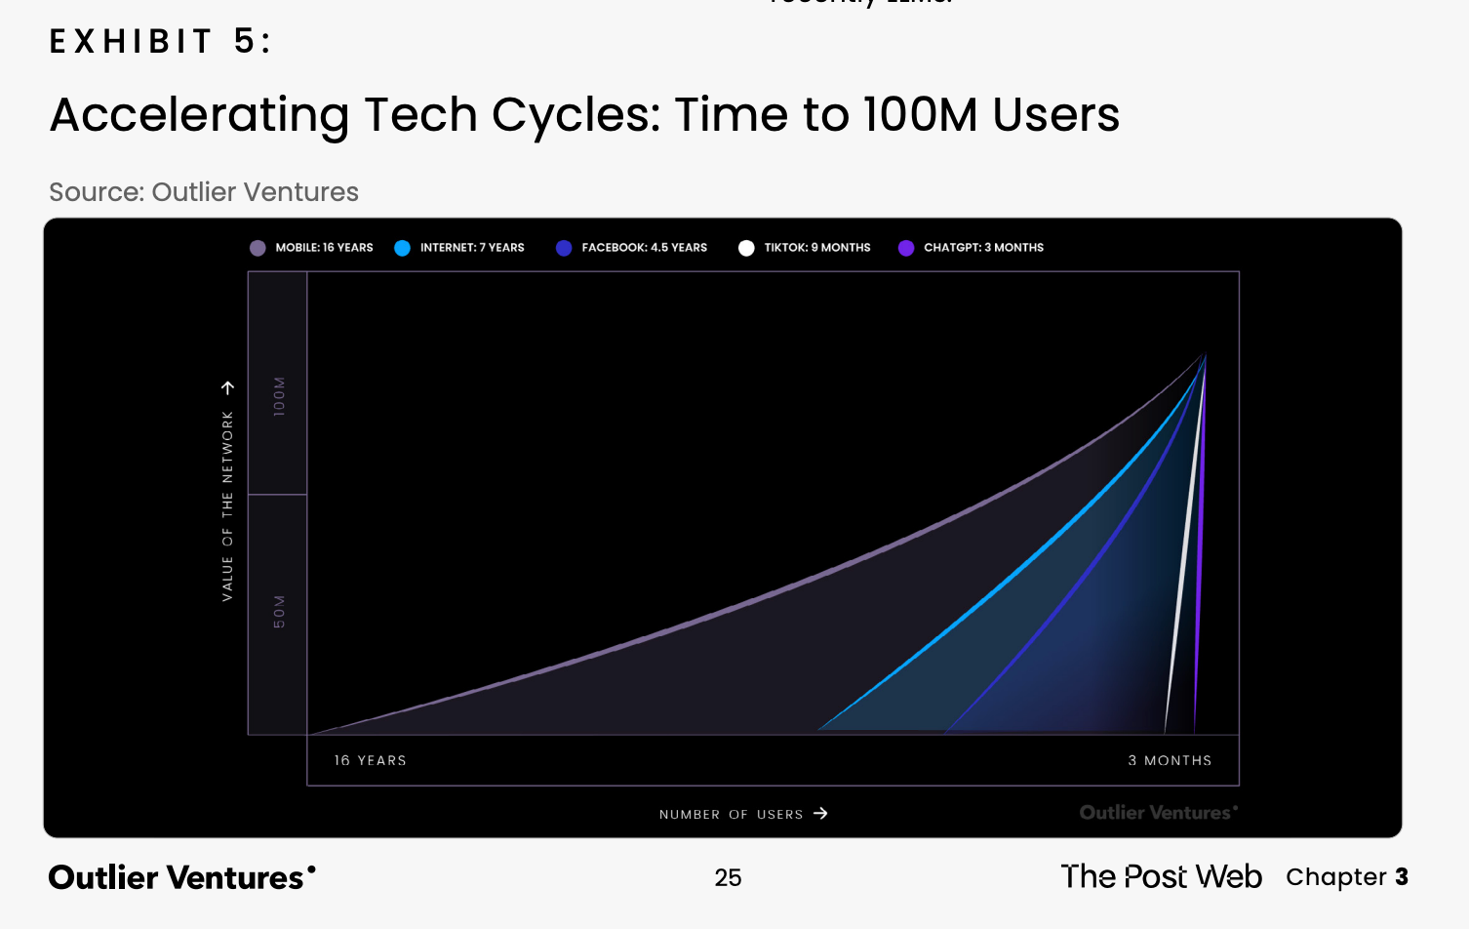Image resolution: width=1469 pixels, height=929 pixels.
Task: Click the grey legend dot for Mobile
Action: (x=258, y=248)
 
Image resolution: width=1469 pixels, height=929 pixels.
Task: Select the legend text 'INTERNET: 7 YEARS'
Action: (x=472, y=248)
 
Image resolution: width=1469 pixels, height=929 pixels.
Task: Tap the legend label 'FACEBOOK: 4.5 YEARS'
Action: (x=644, y=248)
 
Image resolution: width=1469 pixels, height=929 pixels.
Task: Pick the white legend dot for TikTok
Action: (x=746, y=248)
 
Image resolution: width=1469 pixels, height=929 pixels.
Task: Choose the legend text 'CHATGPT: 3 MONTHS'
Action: (x=983, y=248)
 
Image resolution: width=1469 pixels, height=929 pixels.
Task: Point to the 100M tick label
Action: (x=280, y=396)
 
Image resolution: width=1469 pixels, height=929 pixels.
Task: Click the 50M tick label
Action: (x=280, y=612)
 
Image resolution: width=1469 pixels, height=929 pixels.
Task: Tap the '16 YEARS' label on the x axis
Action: (x=370, y=760)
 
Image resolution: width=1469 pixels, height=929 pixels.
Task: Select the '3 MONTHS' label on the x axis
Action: (x=1170, y=760)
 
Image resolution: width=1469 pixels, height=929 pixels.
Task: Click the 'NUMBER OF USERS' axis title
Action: (x=731, y=814)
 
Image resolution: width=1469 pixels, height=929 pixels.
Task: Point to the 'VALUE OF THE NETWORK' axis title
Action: (x=227, y=505)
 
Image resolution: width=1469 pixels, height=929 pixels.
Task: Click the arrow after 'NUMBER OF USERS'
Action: (x=820, y=813)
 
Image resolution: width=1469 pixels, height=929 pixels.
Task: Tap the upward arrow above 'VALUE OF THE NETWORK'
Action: (x=227, y=387)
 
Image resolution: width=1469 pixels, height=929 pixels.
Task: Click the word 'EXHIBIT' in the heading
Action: (x=132, y=41)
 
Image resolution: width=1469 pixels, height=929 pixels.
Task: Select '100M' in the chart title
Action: (x=920, y=115)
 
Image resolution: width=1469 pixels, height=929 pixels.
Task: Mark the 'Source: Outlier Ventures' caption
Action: (x=204, y=192)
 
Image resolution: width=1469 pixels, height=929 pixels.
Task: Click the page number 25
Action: (x=728, y=877)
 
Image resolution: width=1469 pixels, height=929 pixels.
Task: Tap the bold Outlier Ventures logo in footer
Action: (x=181, y=877)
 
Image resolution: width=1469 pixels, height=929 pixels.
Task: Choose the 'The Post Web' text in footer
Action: (x=1161, y=876)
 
